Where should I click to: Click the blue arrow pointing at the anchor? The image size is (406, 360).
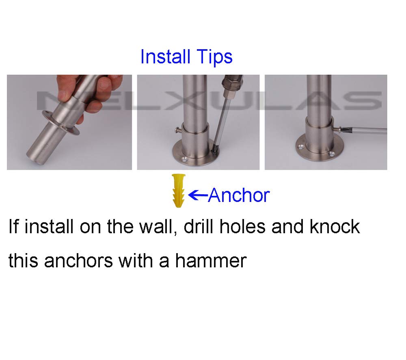pyautogui.click(x=199, y=195)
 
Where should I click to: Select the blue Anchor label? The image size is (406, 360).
pyautogui.click(x=239, y=195)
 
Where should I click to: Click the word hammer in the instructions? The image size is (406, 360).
pyautogui.click(x=211, y=260)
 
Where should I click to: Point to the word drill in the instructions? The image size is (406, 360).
pyautogui.click(x=197, y=226)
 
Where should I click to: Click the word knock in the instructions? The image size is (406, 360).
pyautogui.click(x=335, y=226)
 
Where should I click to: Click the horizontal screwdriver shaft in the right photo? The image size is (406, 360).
pyautogui.click(x=365, y=130)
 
